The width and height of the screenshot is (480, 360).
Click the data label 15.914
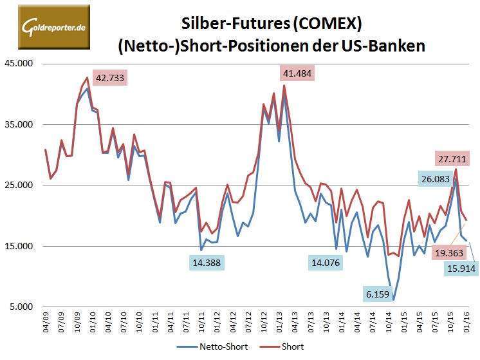[461, 267]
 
